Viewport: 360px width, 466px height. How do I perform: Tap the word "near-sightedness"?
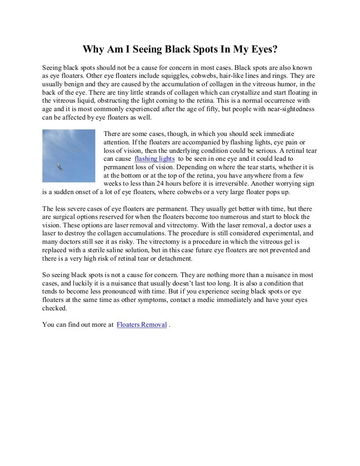[291, 109]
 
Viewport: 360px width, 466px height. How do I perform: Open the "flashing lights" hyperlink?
[154, 158]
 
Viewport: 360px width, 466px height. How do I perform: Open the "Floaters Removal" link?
[142, 324]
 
